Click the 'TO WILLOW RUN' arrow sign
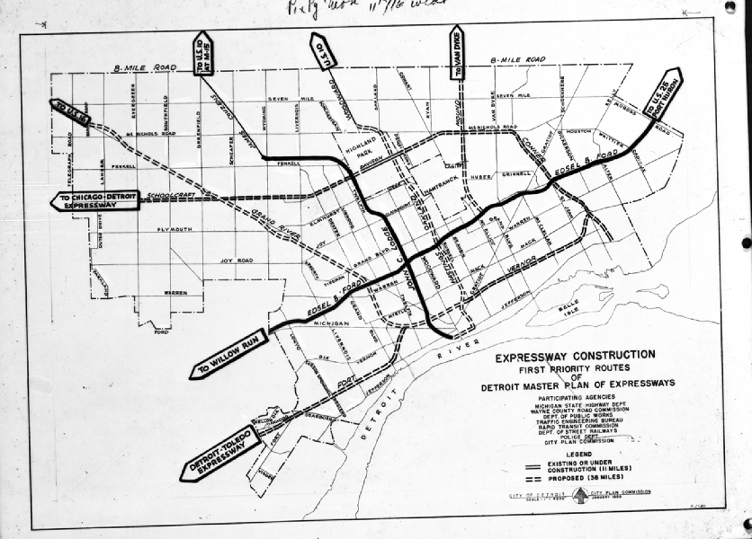coord(229,353)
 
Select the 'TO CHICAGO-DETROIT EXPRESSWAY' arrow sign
coord(95,200)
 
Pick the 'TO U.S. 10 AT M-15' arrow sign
coord(202,55)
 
